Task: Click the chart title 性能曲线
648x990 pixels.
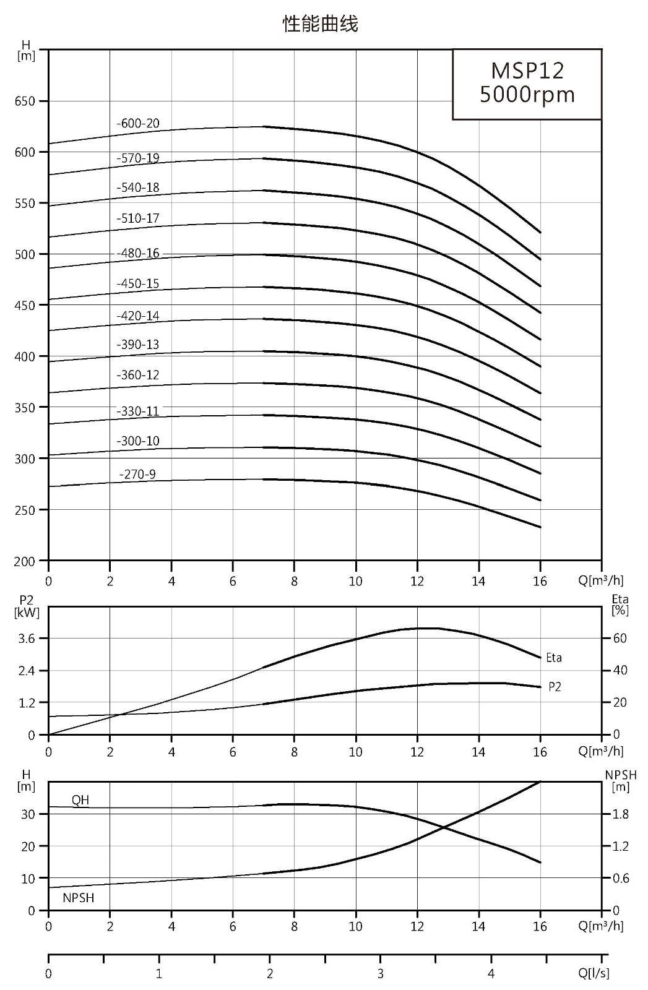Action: point(320,24)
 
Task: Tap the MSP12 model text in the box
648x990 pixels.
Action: point(527,71)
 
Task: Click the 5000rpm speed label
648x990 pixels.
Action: point(527,95)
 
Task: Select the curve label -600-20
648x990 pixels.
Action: point(138,123)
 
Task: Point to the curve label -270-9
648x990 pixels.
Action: point(137,474)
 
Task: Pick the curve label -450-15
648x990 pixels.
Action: point(138,283)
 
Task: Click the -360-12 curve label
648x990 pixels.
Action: point(138,375)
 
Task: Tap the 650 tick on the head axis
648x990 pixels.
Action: point(25,101)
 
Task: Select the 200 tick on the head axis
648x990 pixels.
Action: point(25,561)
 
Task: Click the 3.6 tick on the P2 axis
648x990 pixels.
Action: point(26,638)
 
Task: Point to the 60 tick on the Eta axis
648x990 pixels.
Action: point(620,638)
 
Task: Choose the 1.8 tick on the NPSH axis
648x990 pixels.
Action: point(621,814)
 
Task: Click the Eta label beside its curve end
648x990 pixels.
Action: point(554,658)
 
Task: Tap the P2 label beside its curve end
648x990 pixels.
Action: point(555,686)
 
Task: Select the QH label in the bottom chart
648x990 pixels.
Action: point(80,800)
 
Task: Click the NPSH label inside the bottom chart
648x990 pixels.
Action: point(78,898)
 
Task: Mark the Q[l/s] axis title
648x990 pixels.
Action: point(594,973)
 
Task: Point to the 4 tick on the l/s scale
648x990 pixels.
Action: point(491,973)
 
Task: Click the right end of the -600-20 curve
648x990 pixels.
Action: point(540,233)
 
